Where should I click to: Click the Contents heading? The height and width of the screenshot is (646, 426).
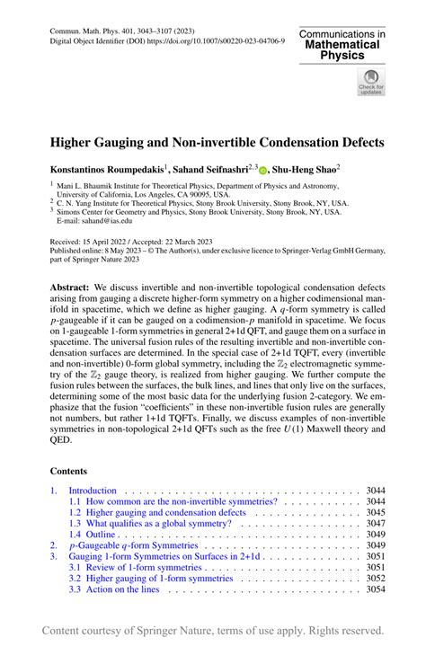click(x=75, y=469)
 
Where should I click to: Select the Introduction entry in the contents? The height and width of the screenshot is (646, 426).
click(x=92, y=491)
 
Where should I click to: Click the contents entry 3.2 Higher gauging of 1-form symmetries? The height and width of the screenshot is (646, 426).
click(x=151, y=578)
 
